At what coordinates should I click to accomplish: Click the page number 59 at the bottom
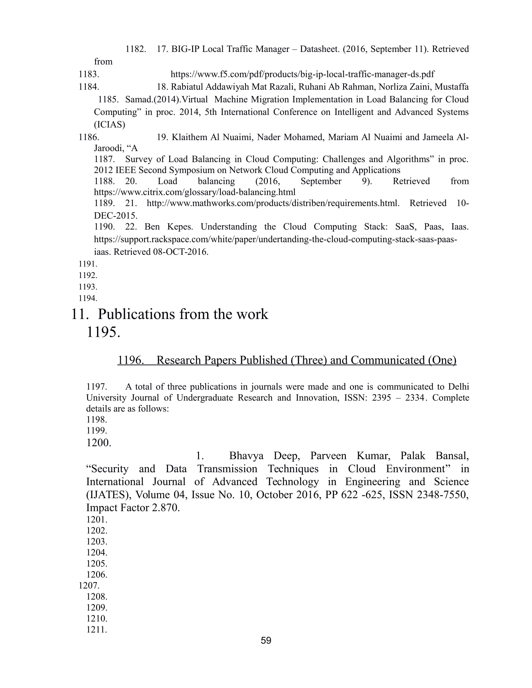tap(266, 640)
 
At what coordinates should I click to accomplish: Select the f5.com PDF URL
tap(302, 74)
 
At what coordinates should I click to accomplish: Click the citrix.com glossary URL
tap(194, 192)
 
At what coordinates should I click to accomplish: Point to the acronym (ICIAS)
tap(109, 125)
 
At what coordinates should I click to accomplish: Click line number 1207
tap(89, 586)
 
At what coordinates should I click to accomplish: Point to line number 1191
tap(88, 264)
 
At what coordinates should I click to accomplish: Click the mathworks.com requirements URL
tap(273, 203)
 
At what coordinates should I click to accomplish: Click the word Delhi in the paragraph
tap(458, 387)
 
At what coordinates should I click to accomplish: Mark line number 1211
tap(97, 630)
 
